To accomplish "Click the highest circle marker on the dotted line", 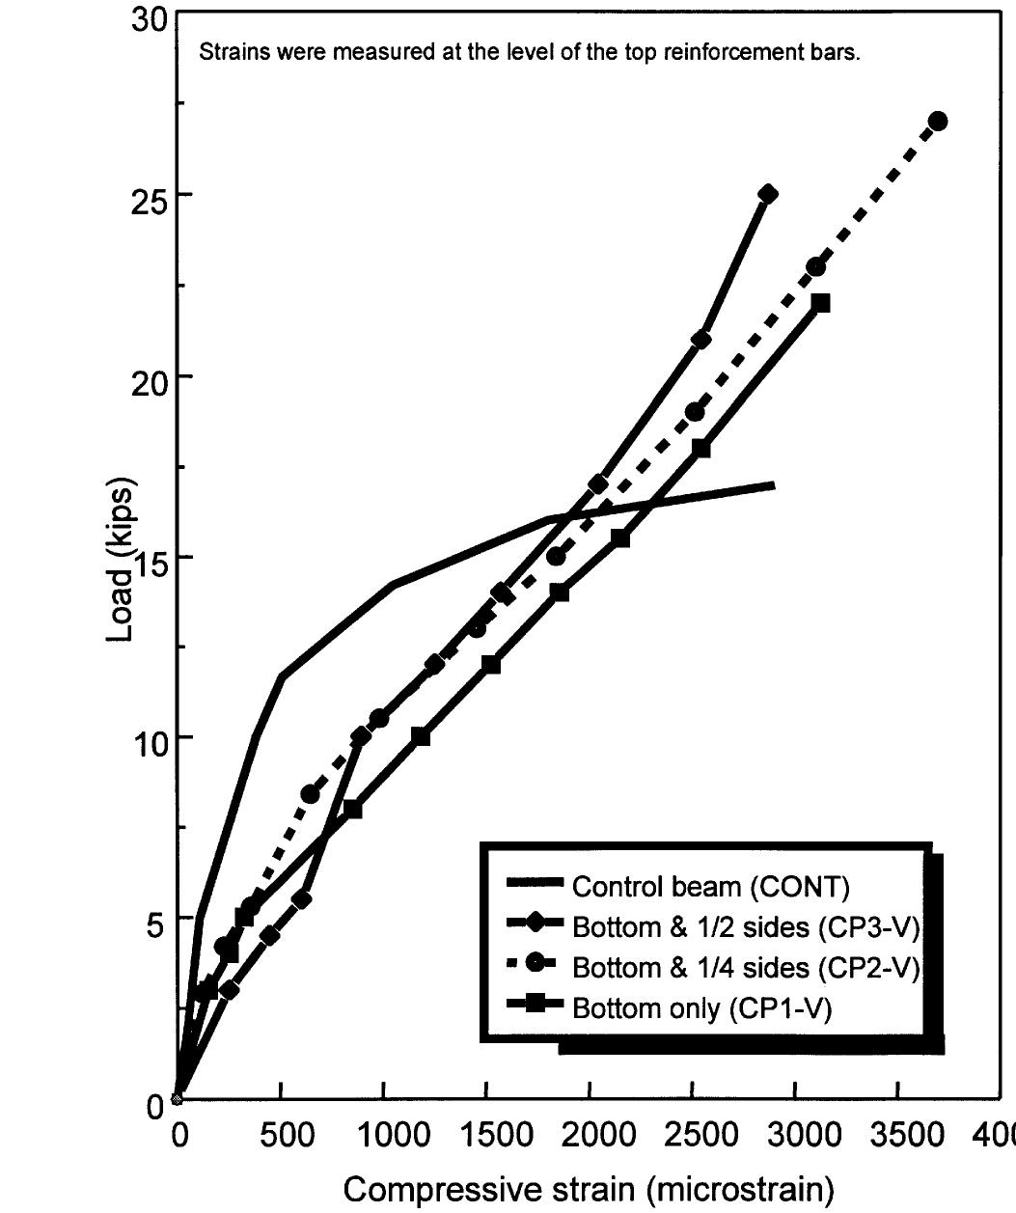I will click(937, 121).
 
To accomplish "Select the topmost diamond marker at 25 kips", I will click(768, 193).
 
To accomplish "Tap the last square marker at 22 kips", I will click(821, 303).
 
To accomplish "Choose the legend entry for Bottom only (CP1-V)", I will click(700, 1008).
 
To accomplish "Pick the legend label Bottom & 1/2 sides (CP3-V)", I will click(746, 926).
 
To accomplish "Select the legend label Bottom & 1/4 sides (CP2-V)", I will click(746, 967).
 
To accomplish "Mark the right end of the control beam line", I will click(774, 484).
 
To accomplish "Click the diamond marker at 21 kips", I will click(701, 340).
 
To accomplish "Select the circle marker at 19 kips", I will click(695, 412).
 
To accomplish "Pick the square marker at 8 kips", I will click(353, 809).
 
